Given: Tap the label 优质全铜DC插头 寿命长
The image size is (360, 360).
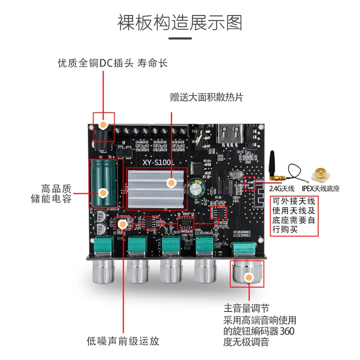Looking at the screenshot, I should click(x=112, y=63).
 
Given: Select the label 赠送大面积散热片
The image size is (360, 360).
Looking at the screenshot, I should click(x=207, y=97).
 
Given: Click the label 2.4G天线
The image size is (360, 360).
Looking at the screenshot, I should click(x=282, y=188).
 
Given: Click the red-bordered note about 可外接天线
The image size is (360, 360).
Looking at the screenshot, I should click(x=294, y=215).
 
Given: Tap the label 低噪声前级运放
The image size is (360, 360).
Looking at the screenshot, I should click(x=123, y=341).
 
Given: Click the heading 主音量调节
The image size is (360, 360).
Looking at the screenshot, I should click(x=246, y=309).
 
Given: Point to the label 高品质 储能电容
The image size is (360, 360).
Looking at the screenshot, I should click(x=56, y=193).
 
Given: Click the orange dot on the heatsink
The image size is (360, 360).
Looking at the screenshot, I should click(x=171, y=183).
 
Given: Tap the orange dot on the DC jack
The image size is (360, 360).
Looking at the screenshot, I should click(x=104, y=125).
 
